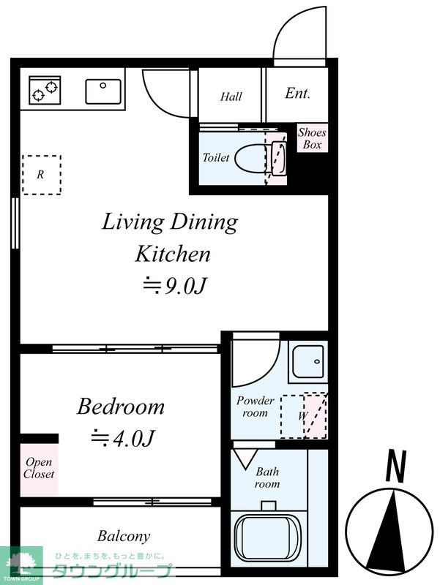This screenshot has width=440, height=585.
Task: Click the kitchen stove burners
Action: pyautogui.click(x=43, y=91)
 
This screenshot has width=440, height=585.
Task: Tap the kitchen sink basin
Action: pyautogui.click(x=102, y=91)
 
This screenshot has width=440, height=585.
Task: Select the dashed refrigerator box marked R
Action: pyautogui.click(x=41, y=175)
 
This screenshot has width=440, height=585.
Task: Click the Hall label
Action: pyautogui.click(x=231, y=97)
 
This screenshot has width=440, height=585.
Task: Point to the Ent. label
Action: pyautogui.click(x=297, y=94)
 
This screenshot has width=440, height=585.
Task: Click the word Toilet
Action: pyautogui.click(x=216, y=157)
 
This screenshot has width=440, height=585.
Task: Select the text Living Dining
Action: pyautogui.click(x=169, y=222)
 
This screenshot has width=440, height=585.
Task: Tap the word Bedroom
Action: pyautogui.click(x=121, y=406)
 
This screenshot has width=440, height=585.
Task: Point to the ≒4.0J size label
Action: pyautogui.click(x=122, y=438)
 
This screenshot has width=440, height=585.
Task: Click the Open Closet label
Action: pyautogui.click(x=40, y=468)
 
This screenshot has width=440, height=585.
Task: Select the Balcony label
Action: pyautogui.click(x=123, y=536)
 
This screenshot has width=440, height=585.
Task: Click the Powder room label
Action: pyautogui.click(x=255, y=407)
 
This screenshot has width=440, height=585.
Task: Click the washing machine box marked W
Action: pyautogui.click(x=303, y=415)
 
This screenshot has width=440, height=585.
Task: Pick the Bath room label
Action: pyautogui.click(x=267, y=478)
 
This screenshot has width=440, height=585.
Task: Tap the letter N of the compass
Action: pyautogui.click(x=395, y=467)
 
